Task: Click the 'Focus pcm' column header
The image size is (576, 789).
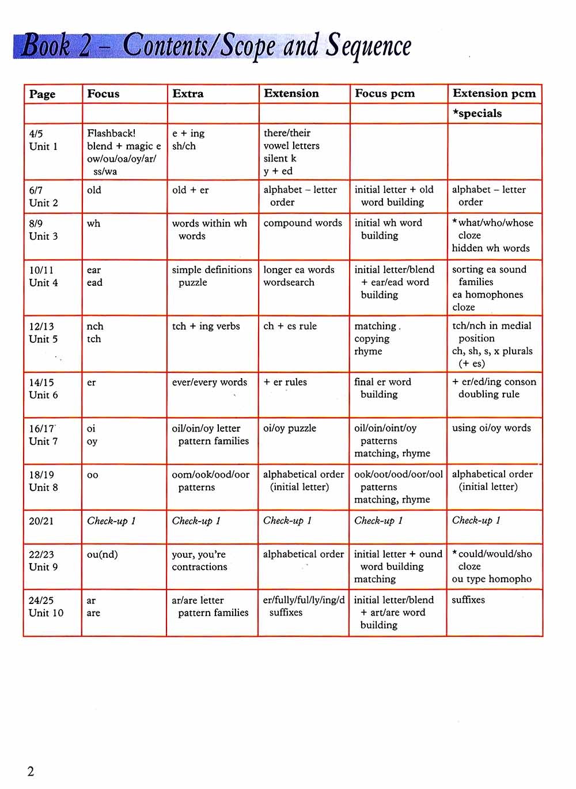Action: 384,93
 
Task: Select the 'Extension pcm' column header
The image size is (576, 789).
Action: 494,93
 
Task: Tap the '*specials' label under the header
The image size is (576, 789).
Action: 477,113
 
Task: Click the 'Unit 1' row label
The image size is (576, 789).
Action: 43,146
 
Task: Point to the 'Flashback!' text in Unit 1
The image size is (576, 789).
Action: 111,133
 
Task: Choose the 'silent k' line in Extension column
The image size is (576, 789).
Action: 279,158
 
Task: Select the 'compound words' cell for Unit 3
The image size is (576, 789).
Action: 302,223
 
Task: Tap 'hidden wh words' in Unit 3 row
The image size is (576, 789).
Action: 490,248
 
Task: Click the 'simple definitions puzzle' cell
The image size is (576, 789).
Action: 211,276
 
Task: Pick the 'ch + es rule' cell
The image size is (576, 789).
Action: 290,326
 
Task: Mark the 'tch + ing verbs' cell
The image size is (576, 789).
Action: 206,326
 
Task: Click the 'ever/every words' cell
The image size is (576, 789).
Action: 209,382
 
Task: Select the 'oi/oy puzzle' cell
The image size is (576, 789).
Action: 289,428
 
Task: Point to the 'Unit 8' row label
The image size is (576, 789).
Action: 43,488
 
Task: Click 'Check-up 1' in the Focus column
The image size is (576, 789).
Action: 111,521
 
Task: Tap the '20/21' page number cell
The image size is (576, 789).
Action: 41,521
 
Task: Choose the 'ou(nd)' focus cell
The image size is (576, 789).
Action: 102,554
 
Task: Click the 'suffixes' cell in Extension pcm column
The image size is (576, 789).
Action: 468,600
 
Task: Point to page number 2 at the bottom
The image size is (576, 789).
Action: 31,771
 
